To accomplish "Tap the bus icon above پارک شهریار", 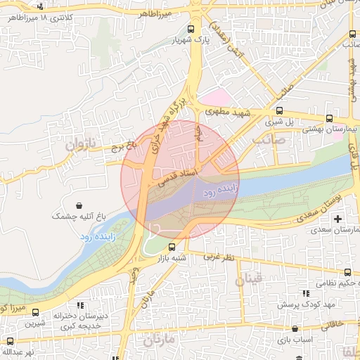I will tap(192, 30).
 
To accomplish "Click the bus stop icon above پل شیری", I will tap(280, 110).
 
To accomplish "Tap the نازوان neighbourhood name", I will tap(79, 145).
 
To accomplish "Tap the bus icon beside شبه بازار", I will tap(172, 247).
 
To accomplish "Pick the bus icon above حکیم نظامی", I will tap(347, 272).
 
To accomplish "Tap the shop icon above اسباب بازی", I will tap(295, 328).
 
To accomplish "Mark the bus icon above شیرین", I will tap(35, 313).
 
